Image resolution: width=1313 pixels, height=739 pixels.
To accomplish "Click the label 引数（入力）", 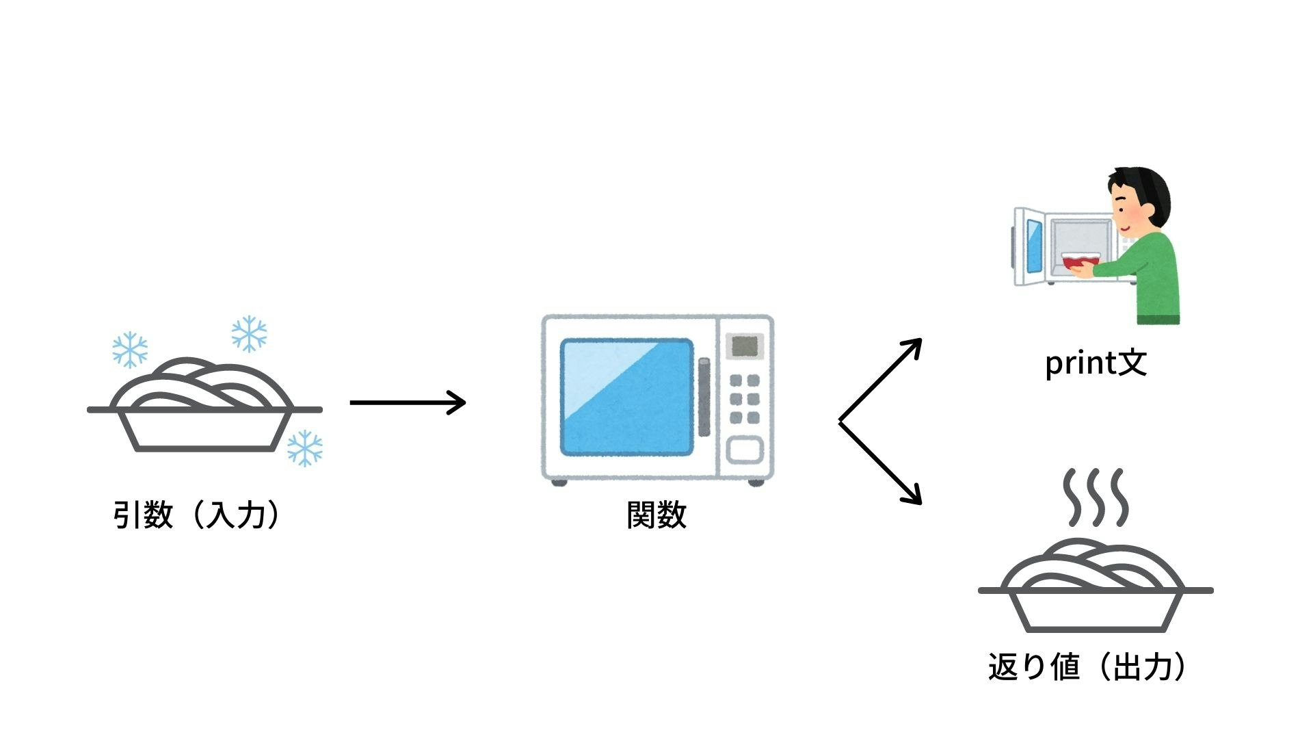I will click(197, 515).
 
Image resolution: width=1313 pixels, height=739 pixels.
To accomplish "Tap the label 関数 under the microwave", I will click(656, 515).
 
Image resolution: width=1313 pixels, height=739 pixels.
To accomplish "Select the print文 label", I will click(1096, 363).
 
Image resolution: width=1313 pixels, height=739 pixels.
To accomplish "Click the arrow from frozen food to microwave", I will click(408, 402).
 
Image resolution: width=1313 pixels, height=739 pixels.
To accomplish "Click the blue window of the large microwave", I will click(626, 397).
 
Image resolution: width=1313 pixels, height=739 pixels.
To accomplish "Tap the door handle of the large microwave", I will click(704, 397).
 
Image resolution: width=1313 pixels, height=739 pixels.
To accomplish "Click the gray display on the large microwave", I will click(744, 346).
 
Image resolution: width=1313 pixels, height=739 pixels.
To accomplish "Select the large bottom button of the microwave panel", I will click(744, 450).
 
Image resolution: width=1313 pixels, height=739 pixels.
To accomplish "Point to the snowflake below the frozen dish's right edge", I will click(304, 448).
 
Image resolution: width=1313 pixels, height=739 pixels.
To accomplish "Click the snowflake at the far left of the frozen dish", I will click(130, 350).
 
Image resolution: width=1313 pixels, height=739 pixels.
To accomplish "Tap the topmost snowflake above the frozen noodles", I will click(249, 334).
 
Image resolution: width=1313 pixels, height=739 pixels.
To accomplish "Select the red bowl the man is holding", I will click(1079, 260).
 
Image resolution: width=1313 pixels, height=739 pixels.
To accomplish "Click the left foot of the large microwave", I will click(559, 482).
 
